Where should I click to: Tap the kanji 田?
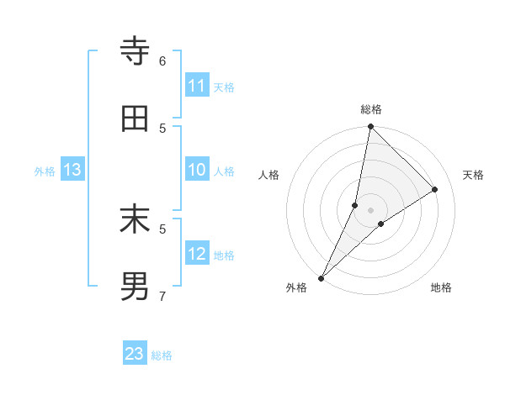click(135, 119)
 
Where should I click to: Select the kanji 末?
click(135, 220)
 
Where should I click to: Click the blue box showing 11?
click(197, 86)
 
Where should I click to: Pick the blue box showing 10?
click(197, 170)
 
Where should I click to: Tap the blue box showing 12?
click(197, 254)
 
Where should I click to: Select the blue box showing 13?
click(72, 170)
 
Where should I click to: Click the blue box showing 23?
click(135, 354)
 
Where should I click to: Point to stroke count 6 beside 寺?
click(162, 61)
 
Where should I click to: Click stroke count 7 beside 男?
click(162, 296)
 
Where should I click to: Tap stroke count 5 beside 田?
click(162, 128)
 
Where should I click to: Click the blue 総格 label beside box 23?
click(162, 355)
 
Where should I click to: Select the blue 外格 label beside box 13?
click(45, 171)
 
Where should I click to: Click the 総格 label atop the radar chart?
click(371, 109)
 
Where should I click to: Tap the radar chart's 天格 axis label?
click(473, 175)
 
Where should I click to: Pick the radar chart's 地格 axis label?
click(441, 287)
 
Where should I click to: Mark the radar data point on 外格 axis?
click(322, 277)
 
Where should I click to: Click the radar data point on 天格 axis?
click(435, 190)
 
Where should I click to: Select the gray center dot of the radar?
click(371, 210)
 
